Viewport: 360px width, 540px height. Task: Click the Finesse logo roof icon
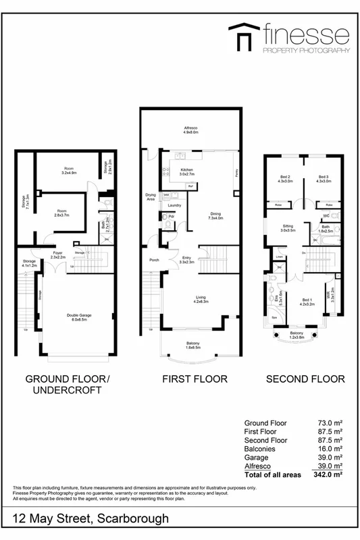pos(244,35)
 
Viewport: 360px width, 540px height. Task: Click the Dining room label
pos(215,215)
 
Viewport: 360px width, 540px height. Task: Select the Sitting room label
pos(289,227)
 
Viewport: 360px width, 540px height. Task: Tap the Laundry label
pos(174,205)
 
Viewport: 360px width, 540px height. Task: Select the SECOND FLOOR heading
pos(305,379)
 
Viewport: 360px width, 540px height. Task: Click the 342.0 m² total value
pos(328,475)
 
